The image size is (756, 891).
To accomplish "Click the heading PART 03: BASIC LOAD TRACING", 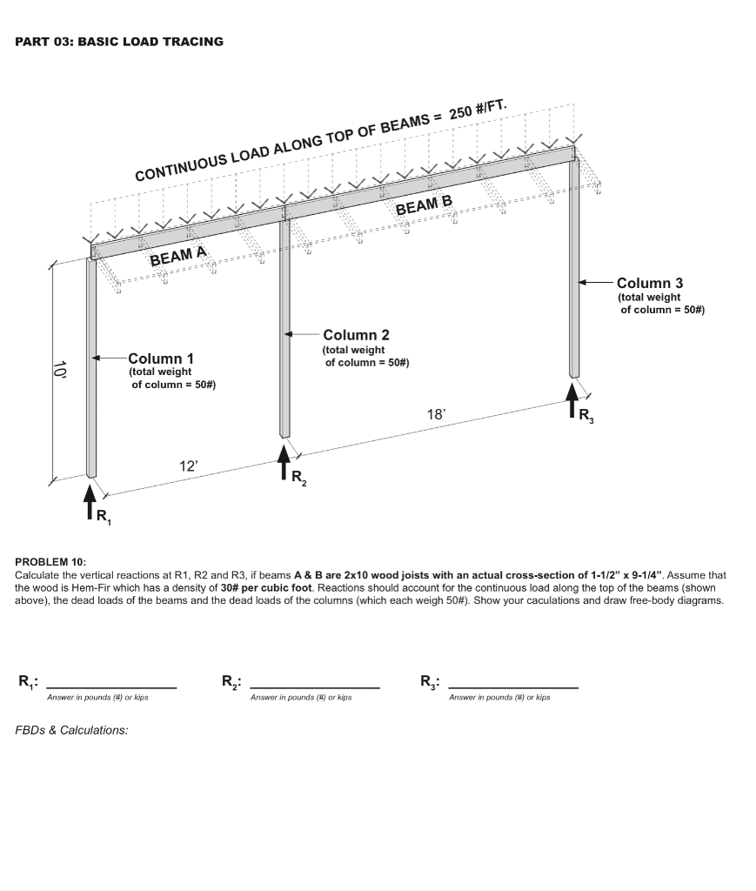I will [119, 42].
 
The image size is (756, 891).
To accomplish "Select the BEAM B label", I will [425, 206].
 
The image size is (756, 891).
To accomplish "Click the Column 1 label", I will [161, 358].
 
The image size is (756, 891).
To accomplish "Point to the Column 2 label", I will [356, 335].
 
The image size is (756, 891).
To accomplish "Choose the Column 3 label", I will [649, 283].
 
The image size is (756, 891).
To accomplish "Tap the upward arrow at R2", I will [284, 461].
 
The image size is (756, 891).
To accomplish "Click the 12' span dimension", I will [189, 466].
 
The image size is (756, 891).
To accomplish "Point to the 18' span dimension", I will [436, 415].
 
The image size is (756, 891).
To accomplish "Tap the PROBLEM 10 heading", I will [50, 562].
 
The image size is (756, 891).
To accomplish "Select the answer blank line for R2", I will [314, 687].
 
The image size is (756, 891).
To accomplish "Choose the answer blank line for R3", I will [513, 687].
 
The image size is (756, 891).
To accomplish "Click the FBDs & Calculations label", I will [71, 730].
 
